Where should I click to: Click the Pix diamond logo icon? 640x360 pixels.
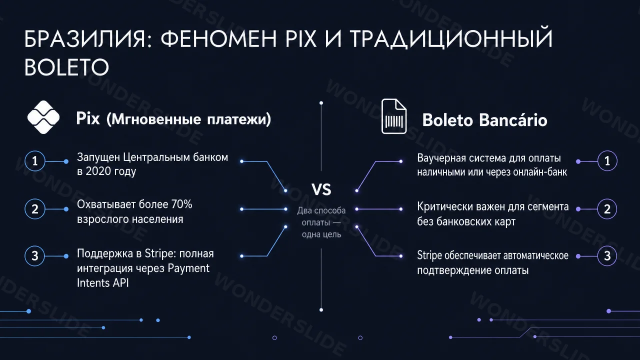pos(43,117)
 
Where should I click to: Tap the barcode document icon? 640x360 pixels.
pos(394,116)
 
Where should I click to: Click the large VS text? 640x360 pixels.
pos(321,189)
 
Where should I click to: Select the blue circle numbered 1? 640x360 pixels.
pos(35,161)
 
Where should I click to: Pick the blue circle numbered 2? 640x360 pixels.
pos(35,209)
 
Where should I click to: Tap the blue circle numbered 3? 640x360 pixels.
pos(35,255)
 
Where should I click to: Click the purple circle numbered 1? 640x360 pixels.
pos(607,161)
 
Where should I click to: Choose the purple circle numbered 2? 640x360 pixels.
pos(607,209)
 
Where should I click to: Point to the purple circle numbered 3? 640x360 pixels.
pos(607,255)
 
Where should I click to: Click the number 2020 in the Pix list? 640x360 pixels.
pos(98,171)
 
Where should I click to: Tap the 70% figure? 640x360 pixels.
pos(181,204)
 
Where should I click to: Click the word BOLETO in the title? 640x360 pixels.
pos(66,67)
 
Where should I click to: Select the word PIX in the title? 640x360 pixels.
pos(301,38)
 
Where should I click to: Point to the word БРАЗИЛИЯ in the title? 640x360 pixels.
pos(85,38)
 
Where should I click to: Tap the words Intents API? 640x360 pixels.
pos(103,283)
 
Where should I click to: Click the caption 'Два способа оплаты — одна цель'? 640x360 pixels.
pos(321,222)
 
